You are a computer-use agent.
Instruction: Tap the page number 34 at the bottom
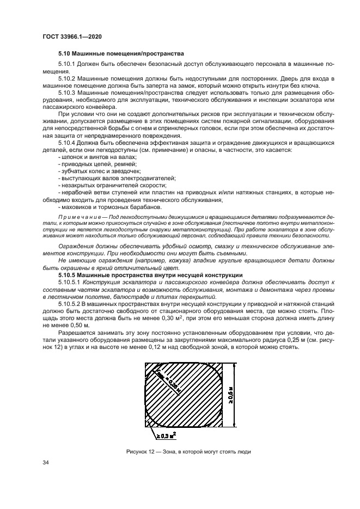coord(46,462)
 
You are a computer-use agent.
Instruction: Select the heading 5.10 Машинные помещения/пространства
coord(121,54)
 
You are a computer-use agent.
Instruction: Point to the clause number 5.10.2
coord(66,78)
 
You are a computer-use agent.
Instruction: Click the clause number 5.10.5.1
coord(70,282)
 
